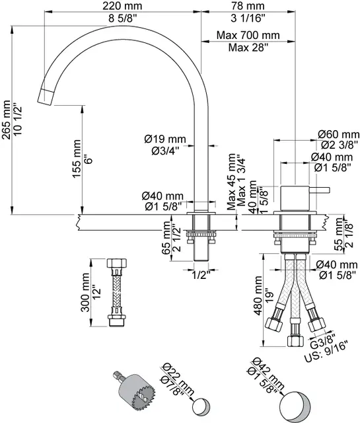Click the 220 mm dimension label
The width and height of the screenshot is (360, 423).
coord(122,6)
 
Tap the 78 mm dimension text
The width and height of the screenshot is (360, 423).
coord(248,6)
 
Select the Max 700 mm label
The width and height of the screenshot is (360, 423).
coord(248,35)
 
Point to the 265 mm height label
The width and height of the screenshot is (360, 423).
coord(6,120)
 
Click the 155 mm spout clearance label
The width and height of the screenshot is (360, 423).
coord(77,159)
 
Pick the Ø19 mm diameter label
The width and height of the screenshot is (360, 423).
coord(165,139)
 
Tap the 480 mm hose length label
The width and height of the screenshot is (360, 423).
coord(258,295)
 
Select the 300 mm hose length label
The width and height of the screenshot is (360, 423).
coord(85,292)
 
